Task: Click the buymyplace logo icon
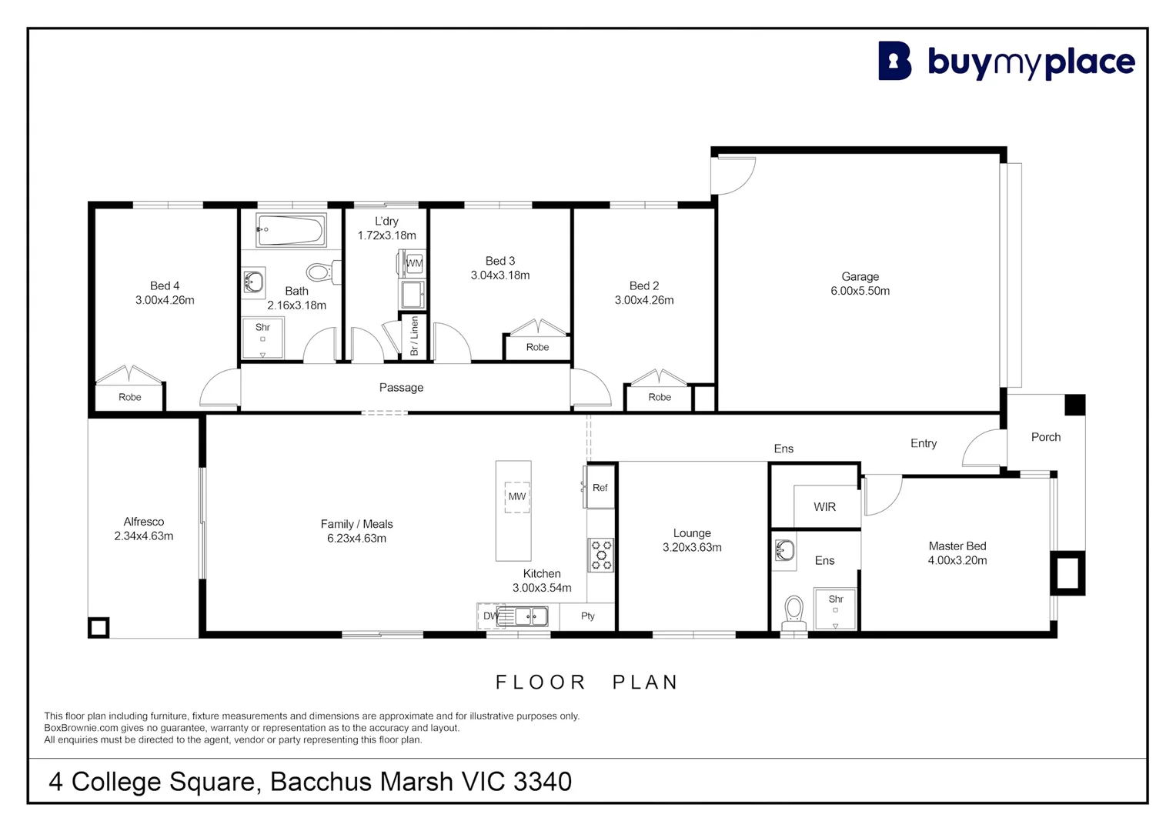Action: pos(894,61)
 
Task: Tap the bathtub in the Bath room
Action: pos(291,229)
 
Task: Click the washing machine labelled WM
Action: pos(414,263)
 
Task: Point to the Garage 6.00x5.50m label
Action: pos(860,284)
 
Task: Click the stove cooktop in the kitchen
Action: pos(601,555)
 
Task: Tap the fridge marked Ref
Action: pos(600,487)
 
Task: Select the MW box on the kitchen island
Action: pos(516,496)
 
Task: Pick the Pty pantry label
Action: pos(588,616)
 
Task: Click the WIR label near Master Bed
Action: pos(824,507)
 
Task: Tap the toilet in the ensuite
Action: pos(793,612)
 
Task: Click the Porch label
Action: pos(1045,437)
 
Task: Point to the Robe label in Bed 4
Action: pos(129,397)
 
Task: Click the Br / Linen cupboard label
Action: pos(414,336)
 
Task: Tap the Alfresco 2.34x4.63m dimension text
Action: pos(144,536)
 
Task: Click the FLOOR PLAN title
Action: pos(586,682)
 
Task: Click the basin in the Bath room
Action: pos(253,282)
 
